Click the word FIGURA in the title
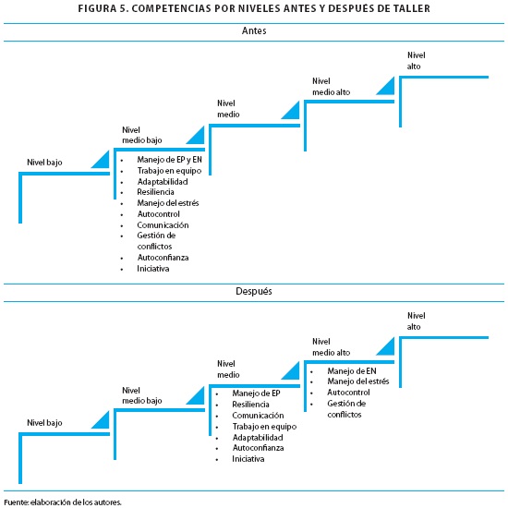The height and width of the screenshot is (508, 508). tap(97, 8)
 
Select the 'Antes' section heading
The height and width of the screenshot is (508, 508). tap(254, 30)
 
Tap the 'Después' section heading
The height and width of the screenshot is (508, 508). tap(254, 291)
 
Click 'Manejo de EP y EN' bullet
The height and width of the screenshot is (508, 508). tap(169, 160)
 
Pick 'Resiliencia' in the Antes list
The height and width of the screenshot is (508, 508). tap(155, 192)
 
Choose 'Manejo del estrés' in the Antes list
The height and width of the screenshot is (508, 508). tap(168, 203)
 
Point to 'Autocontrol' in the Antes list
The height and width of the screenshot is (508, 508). tap(159, 214)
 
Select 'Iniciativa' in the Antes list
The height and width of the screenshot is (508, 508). tap(153, 269)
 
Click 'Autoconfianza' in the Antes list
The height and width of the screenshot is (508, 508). tap(163, 258)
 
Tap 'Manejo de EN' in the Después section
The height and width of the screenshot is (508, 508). tap(352, 371)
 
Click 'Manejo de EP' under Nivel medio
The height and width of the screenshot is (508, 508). tap(256, 393)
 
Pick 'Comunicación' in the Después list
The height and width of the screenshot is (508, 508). tap(258, 416)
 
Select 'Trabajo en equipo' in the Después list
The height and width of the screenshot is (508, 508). tap(264, 427)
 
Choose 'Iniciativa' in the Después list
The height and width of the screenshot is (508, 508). tap(248, 459)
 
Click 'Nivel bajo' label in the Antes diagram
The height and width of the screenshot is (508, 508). tap(44, 163)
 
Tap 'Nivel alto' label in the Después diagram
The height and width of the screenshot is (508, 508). tap(416, 321)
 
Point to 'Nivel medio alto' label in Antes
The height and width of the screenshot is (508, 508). tap(331, 87)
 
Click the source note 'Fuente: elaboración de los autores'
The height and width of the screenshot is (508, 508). tap(63, 502)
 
